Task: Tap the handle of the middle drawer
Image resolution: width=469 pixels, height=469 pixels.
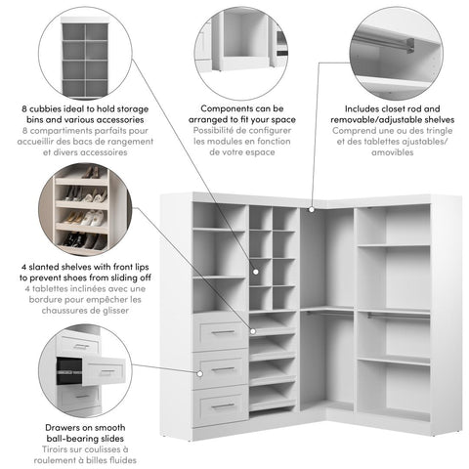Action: pyautogui.click(x=222, y=368)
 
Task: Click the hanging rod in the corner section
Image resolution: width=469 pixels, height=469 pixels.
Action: pyautogui.click(x=325, y=311)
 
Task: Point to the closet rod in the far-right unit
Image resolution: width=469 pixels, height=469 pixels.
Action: pyautogui.click(x=393, y=314)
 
